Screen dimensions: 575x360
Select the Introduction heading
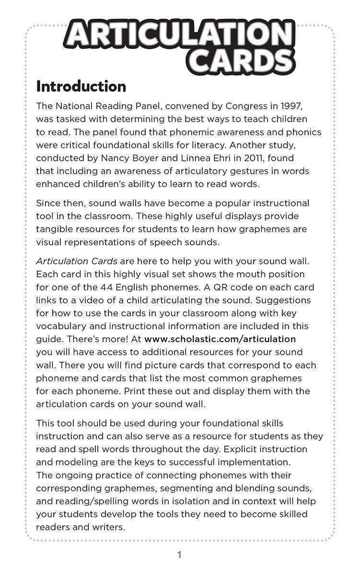point(81,87)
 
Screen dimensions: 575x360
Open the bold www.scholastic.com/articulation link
point(220,339)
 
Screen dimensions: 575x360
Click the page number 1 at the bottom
point(179,555)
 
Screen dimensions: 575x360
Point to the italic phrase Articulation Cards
point(77,261)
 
